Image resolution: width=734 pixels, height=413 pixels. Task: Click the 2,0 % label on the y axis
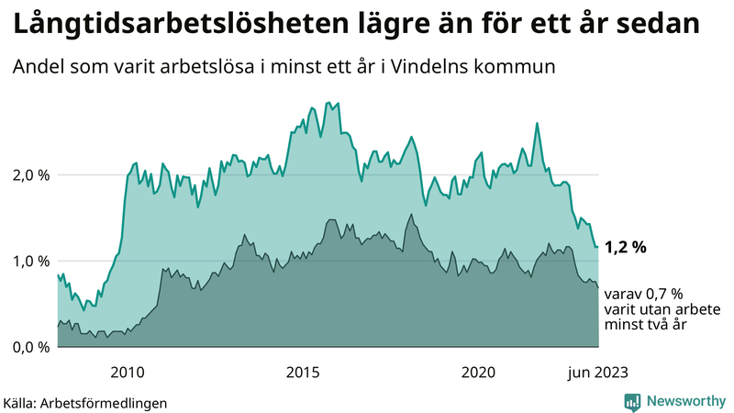click(x=29, y=174)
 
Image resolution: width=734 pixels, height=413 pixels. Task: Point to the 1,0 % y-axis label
click(x=29, y=261)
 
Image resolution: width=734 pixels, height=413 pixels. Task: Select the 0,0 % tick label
click(x=29, y=347)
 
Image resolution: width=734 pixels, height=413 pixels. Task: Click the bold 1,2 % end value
click(x=627, y=247)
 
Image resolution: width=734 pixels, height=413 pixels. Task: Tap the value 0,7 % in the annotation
click(x=662, y=294)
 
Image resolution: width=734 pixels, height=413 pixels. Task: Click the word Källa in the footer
click(x=23, y=402)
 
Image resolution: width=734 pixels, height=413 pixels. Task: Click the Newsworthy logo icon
click(x=632, y=401)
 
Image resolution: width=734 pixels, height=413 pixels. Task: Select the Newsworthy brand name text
click(x=686, y=401)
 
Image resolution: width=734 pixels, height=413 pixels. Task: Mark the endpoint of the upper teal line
click(x=598, y=247)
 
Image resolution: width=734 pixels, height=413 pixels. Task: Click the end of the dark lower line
click(x=598, y=287)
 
